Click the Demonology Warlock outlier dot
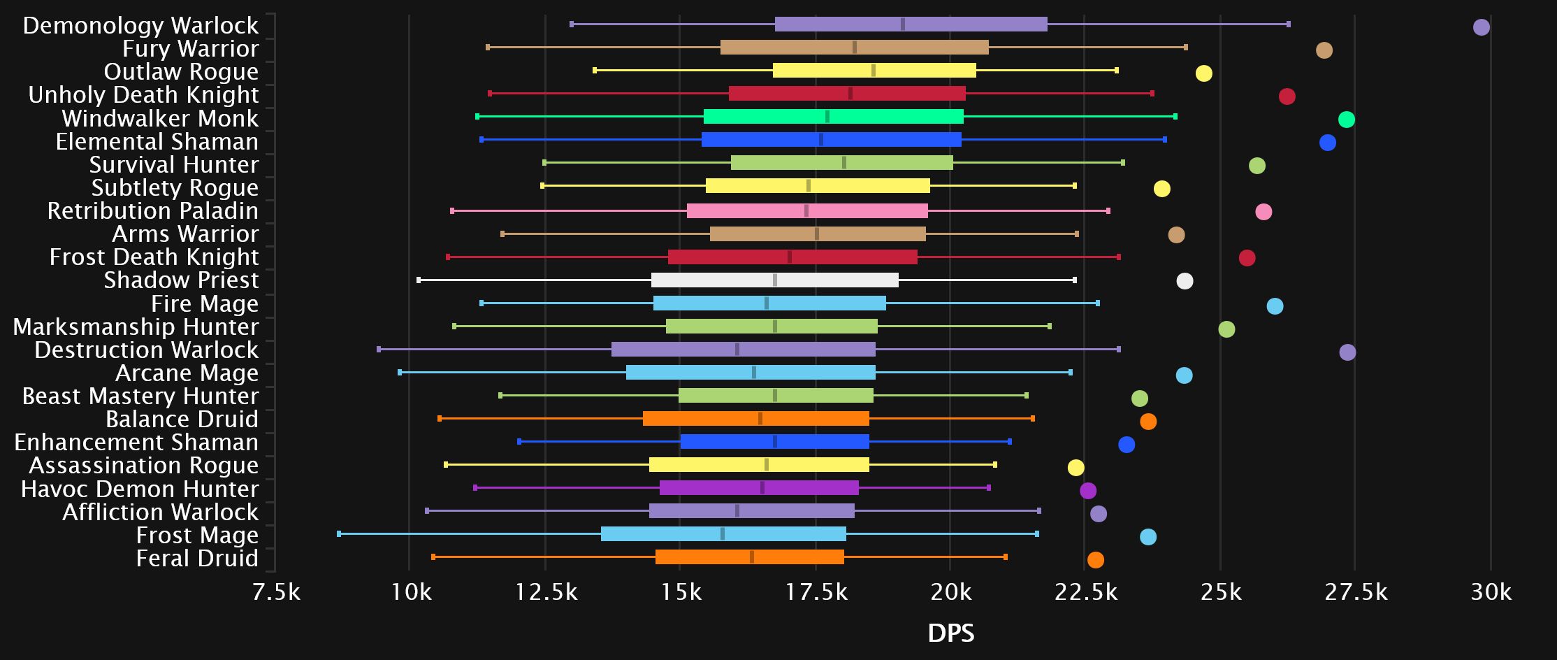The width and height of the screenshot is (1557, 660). pos(1481,27)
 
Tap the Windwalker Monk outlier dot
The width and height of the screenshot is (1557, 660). pos(1346,120)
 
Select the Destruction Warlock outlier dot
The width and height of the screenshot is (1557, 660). pos(1347,352)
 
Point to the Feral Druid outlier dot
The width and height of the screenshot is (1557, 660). pos(1095,560)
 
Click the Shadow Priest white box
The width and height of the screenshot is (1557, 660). pos(774,280)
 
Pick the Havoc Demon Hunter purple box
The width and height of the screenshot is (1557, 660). pos(759,488)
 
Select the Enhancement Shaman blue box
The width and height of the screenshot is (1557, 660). pos(774,442)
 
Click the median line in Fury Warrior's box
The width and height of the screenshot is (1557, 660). pos(854,48)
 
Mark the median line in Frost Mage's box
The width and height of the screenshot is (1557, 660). pos(722,534)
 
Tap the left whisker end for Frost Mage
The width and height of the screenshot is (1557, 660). pos(339,534)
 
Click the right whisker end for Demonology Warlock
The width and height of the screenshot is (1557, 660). pos(1288,24)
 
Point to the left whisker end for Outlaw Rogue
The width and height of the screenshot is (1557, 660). pos(595,71)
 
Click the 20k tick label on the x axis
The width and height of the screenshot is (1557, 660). pos(950,593)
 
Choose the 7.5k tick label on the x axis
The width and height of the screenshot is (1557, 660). pos(276,593)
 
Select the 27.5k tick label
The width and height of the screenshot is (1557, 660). pos(1356,593)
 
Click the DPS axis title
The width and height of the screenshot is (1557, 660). pos(950,633)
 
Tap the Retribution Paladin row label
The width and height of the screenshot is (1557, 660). pos(152,211)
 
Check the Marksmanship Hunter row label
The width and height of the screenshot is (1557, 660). pos(136,327)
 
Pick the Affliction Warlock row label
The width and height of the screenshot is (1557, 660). pos(160,512)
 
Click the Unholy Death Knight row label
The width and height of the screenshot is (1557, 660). pos(143,95)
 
